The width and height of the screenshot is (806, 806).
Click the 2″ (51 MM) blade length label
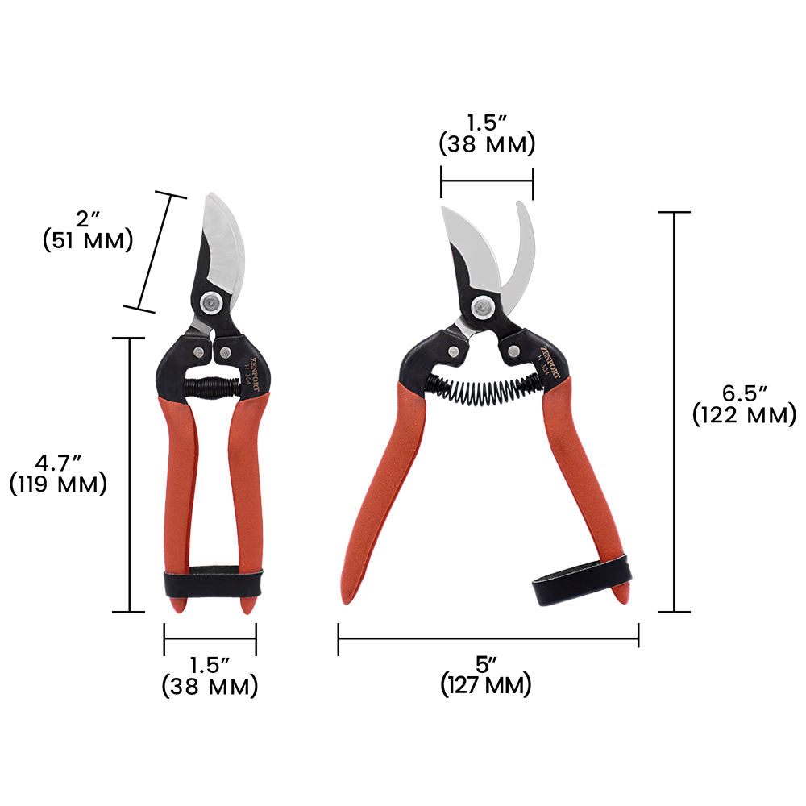click(88, 231)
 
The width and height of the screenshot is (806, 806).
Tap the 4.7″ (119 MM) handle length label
click(58, 474)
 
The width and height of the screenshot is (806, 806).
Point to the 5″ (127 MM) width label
click(486, 675)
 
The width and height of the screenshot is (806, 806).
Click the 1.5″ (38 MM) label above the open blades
click(487, 134)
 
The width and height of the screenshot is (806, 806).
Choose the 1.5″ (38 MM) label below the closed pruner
click(210, 676)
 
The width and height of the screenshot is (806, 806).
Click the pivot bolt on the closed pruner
click(211, 303)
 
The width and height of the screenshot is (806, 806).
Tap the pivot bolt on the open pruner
click(483, 309)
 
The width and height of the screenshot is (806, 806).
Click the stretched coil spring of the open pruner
click(483, 388)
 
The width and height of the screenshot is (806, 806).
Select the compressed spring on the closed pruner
click(212, 387)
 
